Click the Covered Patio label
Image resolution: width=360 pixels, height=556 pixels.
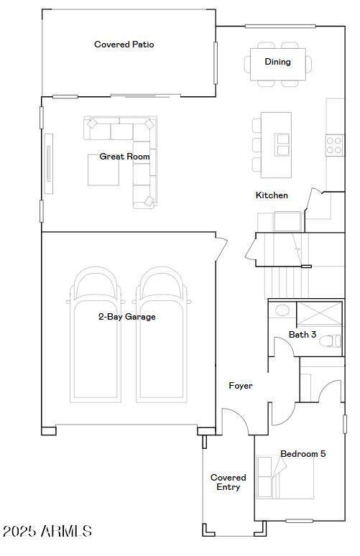[124, 45]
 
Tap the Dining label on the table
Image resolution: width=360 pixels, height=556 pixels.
[277, 62]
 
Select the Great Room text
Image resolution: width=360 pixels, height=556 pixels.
[124, 157]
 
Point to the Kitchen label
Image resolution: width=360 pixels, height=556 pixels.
[272, 195]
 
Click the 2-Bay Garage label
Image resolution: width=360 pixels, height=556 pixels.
[127, 317]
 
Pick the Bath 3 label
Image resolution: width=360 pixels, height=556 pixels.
[303, 334]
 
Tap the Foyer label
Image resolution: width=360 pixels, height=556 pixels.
[241, 386]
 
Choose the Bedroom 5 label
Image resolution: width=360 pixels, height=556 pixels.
[303, 453]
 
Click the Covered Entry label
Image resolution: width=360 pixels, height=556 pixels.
[228, 482]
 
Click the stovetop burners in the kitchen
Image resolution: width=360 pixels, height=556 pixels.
[334, 145]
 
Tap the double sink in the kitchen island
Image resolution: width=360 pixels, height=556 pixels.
[282, 144]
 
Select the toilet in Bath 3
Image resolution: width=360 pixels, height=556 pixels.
[330, 341]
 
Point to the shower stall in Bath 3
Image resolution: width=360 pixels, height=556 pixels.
[319, 313]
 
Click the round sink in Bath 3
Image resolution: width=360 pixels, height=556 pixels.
[282, 310]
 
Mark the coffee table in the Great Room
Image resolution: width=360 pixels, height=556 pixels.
[103, 170]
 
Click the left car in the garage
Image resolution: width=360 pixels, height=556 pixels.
[96, 334]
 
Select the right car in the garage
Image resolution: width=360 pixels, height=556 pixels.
[162, 334]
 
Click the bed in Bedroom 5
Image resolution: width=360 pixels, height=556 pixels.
[285, 477]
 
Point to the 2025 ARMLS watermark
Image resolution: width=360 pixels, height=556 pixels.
[47, 531]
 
